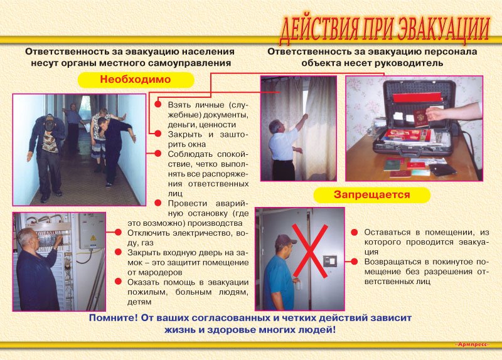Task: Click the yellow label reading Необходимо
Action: tap(136, 80)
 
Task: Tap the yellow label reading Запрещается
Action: tap(371, 195)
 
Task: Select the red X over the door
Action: tap(310, 251)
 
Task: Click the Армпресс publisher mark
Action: tap(473, 344)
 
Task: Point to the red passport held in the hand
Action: tap(420, 119)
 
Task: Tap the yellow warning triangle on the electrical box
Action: tap(93, 238)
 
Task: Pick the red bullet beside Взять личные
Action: tap(158, 104)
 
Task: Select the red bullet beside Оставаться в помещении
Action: tap(354, 232)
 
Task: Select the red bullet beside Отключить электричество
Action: tap(118, 232)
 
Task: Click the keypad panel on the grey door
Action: tap(330, 262)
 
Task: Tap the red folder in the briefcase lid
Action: tap(417, 97)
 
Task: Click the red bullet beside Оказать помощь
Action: tap(118, 282)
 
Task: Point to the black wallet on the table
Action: tap(442, 169)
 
